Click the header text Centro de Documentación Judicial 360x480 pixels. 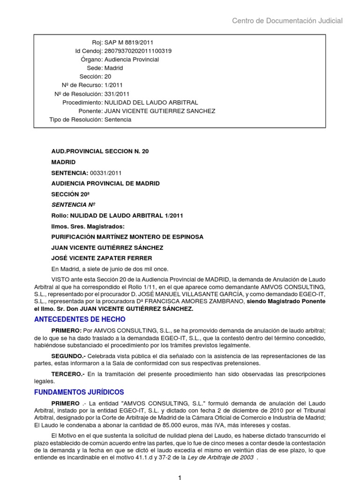pos(287,21)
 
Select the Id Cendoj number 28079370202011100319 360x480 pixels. pos(138,51)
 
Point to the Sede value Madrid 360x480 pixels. pos(114,68)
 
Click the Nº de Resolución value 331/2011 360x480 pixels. pos(117,94)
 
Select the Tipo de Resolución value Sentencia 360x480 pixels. pos(118,120)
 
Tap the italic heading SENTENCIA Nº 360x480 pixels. pos(73,205)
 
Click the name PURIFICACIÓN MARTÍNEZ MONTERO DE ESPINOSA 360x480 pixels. pos(127,237)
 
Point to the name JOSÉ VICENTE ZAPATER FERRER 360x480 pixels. pos(102,258)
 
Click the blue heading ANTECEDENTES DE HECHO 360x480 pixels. pos(80,319)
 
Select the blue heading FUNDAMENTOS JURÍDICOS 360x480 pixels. pos(80,391)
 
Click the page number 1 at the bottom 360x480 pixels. pos(179,477)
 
